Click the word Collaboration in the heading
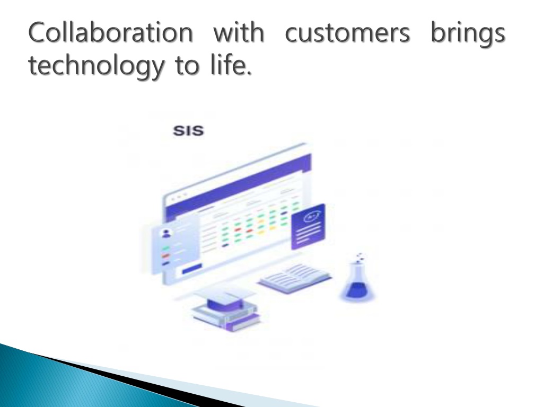110,32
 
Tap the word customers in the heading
347,33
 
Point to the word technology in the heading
95,66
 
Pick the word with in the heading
239,32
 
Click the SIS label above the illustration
188,131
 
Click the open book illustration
295,278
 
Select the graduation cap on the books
225,299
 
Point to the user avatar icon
167,233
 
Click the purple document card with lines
308,227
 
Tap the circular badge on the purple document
310,217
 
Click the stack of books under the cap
226,317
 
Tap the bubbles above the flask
360,256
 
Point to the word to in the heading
187,66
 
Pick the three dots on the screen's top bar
179,197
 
